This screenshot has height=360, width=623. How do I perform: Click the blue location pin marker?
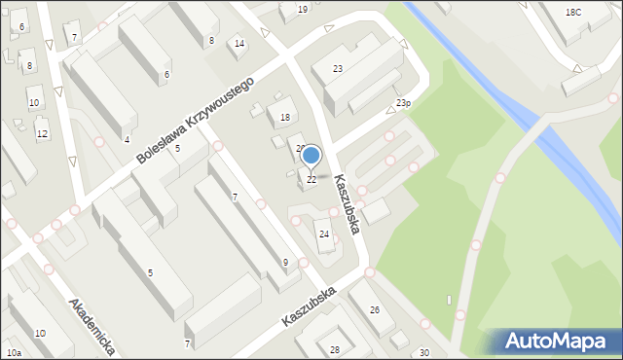[x=311, y=155]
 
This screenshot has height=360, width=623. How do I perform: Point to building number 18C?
[x=573, y=12]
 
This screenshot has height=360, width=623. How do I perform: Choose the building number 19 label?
[x=303, y=9]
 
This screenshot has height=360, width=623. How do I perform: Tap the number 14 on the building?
[x=239, y=44]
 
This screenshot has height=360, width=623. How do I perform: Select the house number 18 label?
[x=285, y=118]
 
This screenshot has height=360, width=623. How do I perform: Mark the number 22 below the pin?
[x=311, y=179]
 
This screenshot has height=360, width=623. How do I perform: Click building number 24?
[x=324, y=234]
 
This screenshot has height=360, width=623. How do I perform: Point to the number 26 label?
[x=375, y=310]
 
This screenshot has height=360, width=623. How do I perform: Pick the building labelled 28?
[x=335, y=349]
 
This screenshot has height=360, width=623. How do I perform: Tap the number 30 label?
[x=423, y=352]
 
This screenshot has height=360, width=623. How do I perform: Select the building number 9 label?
[x=285, y=263]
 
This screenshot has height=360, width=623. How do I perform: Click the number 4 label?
[x=127, y=140]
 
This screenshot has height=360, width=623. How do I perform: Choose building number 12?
[x=42, y=133]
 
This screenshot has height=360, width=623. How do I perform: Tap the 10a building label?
[x=13, y=352]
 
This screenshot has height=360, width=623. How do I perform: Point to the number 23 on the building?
[x=338, y=69]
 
